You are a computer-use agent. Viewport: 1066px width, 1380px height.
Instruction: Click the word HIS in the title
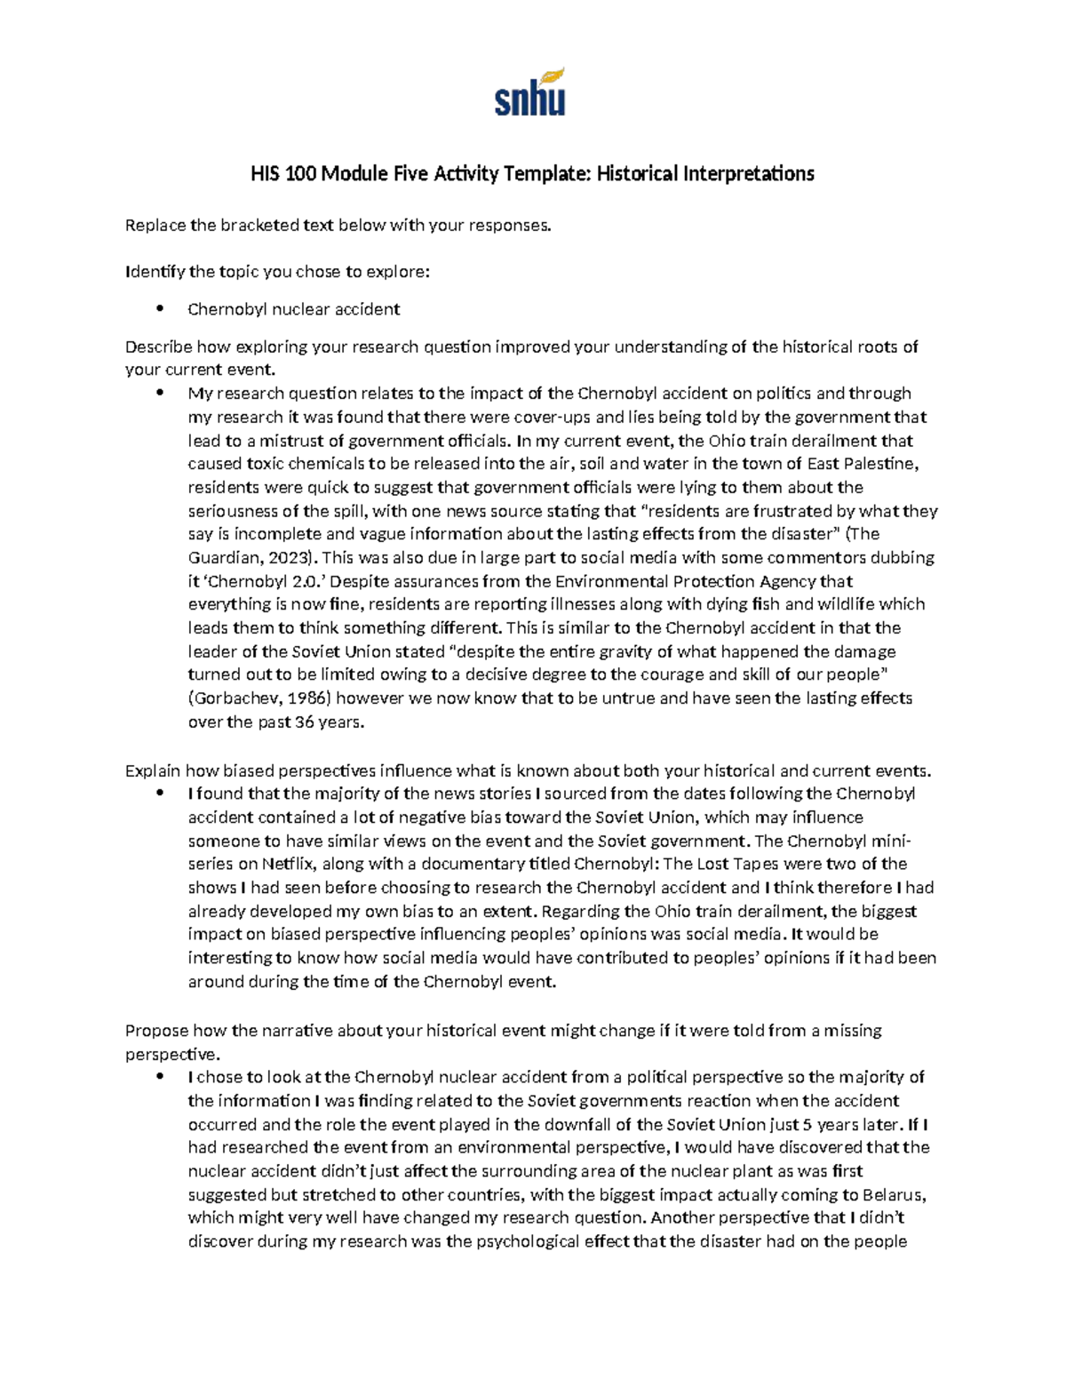pyautogui.click(x=266, y=173)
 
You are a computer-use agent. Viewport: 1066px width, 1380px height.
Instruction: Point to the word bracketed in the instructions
pyautogui.click(x=260, y=226)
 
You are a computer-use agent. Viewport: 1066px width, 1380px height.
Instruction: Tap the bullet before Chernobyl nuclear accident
pyautogui.click(x=160, y=309)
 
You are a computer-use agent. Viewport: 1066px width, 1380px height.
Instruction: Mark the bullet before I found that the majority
pyautogui.click(x=160, y=794)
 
